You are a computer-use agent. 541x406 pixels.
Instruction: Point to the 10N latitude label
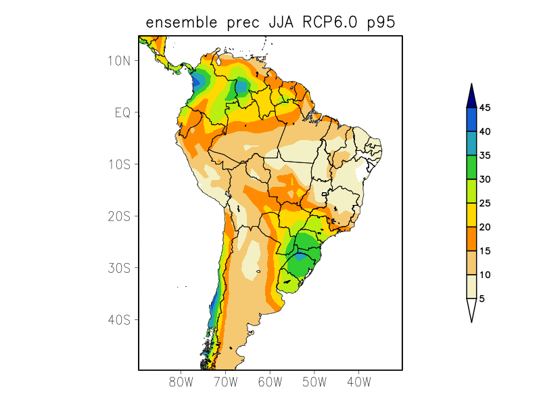(x=118, y=61)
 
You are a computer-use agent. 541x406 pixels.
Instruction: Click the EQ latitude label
(x=122, y=112)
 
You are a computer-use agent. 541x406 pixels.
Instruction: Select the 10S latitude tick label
(x=118, y=164)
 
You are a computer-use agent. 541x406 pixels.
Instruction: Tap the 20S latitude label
(x=118, y=216)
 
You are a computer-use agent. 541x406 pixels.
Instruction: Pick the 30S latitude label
(x=118, y=268)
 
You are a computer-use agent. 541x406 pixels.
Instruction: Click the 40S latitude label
(x=118, y=319)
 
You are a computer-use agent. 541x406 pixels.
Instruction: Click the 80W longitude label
(x=181, y=382)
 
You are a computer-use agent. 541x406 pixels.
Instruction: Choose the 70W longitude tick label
(x=226, y=382)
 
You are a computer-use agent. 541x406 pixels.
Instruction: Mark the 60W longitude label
(x=270, y=382)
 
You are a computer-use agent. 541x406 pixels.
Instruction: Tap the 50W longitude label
(x=314, y=382)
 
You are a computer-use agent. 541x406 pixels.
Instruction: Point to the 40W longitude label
(x=358, y=382)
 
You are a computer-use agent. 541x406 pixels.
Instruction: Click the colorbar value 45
(x=485, y=108)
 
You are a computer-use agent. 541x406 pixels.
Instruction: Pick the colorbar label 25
(x=485, y=203)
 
